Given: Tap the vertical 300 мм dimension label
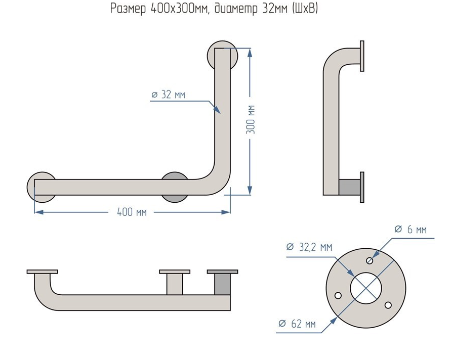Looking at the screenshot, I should pyautogui.click(x=250, y=120).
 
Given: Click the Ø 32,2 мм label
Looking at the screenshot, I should pyautogui.click(x=309, y=247).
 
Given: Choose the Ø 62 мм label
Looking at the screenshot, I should pyautogui.click(x=297, y=324).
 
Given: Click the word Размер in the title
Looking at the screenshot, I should pyautogui.click(x=129, y=9).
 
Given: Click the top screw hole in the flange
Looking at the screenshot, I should pyautogui.click(x=370, y=260).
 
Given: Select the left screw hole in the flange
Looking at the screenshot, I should pyautogui.click(x=338, y=295).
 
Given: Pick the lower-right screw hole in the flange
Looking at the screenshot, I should pyautogui.click(x=388, y=305).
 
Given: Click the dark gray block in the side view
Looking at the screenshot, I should pyautogui.click(x=349, y=187).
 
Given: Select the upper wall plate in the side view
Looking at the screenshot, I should pyautogui.click(x=362, y=56).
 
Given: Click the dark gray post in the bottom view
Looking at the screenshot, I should pyautogui.click(x=222, y=284).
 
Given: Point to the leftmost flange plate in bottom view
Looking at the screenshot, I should pyautogui.click(x=42, y=272).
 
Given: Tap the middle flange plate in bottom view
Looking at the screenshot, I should pyautogui.click(x=175, y=272).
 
